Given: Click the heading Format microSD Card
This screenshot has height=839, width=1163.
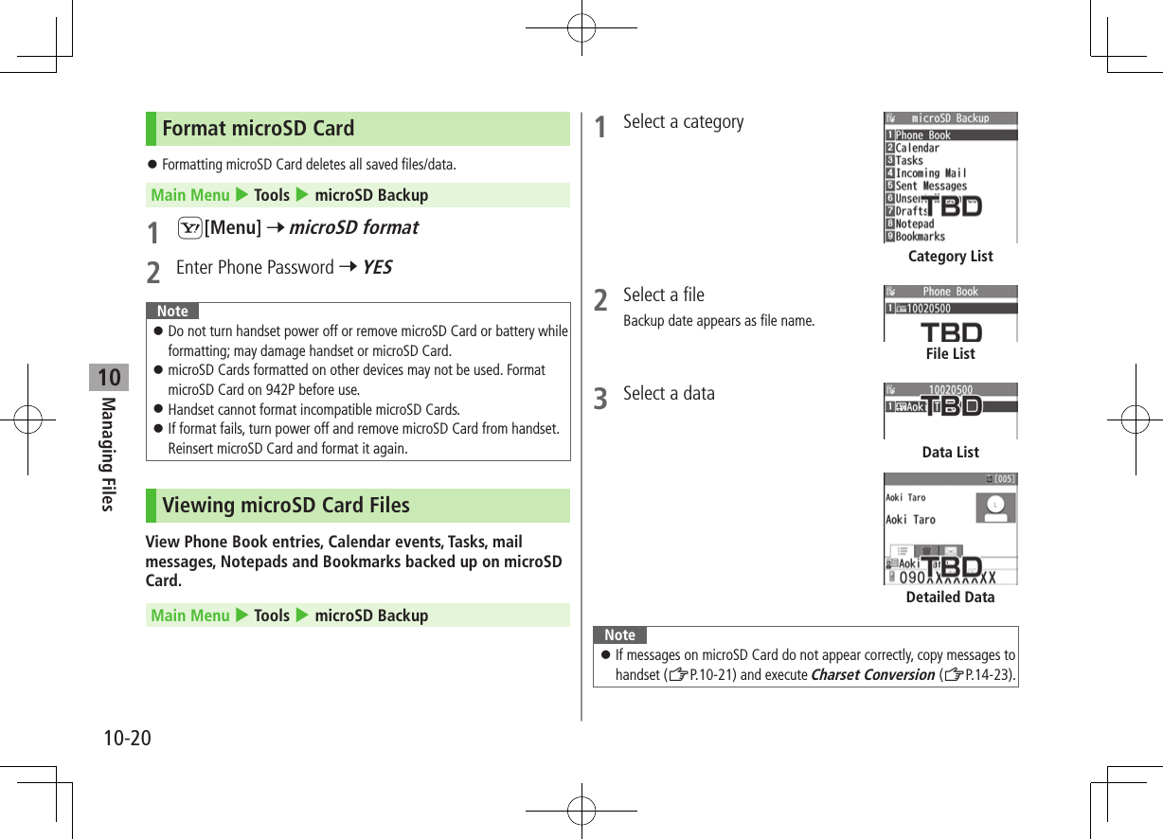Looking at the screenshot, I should point(258,129).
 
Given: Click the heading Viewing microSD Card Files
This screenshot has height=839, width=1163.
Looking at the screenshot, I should point(285,506).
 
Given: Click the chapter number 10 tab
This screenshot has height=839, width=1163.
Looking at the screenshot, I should point(109,378).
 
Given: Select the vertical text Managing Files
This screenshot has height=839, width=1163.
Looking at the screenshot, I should point(108,454).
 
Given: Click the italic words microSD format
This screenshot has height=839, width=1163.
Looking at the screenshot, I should point(353,227).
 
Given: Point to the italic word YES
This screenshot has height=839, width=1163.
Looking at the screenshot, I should point(376,268).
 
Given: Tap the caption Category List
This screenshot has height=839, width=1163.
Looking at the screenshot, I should point(950,257).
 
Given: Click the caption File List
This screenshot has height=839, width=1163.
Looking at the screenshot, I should point(950,354).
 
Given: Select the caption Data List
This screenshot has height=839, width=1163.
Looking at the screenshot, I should point(950,453).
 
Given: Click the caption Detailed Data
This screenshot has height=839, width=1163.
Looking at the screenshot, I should point(950,598).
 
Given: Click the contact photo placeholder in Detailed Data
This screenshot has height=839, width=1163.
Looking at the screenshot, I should point(995,509).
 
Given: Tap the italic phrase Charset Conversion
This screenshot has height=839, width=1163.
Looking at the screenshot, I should point(872,675).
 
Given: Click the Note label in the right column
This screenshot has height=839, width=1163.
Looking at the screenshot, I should point(619,635).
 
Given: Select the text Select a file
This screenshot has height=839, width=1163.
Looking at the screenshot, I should point(663,295).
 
